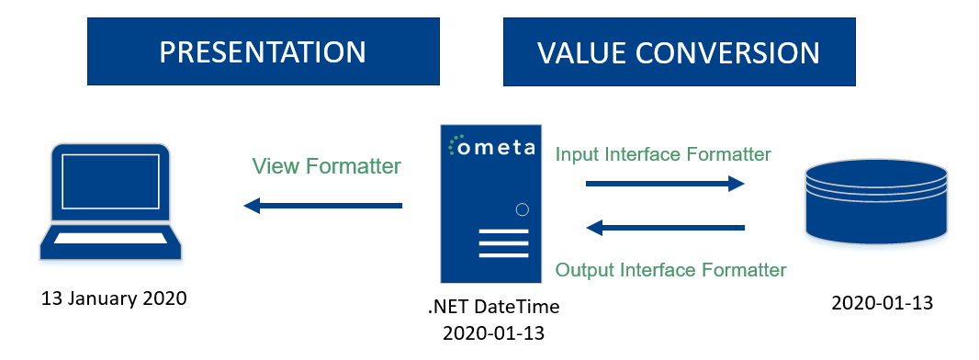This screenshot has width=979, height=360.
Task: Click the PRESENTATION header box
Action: tap(263, 52)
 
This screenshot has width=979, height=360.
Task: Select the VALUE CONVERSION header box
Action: tap(679, 52)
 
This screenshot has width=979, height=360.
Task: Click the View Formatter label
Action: tap(326, 166)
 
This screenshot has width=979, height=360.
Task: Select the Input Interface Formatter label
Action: tap(663, 154)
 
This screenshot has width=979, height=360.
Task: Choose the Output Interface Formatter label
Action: tap(671, 269)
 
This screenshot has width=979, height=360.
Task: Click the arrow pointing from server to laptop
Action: tap(323, 206)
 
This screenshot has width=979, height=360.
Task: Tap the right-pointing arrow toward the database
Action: tap(665, 184)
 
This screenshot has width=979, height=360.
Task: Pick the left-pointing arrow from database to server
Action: tap(665, 227)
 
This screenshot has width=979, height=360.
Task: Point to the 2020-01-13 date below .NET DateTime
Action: tap(493, 332)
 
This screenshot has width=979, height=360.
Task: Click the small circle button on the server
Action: tap(523, 209)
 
